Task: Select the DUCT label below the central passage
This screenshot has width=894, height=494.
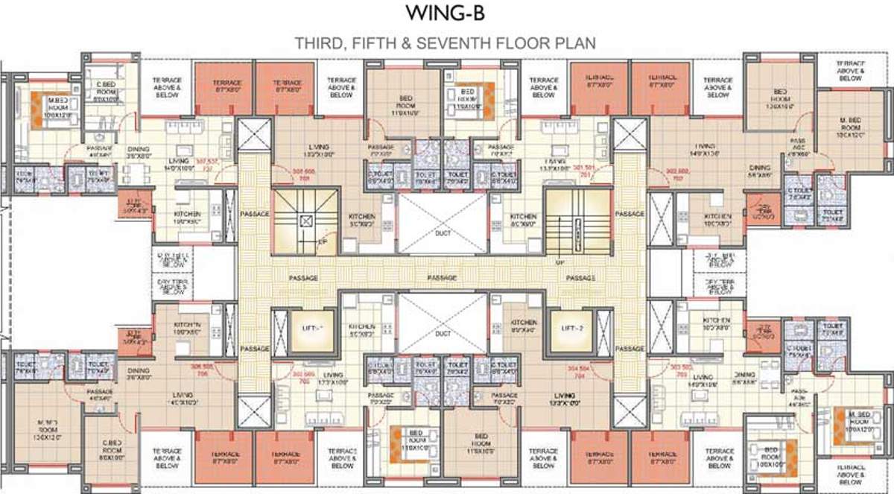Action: click(443, 333)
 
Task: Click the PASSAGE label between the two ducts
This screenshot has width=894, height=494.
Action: click(442, 278)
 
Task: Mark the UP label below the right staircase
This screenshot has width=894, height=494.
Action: click(558, 262)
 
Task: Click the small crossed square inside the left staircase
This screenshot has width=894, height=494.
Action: click(305, 221)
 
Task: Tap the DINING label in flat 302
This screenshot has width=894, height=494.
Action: click(760, 168)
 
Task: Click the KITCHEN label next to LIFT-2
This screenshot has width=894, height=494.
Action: click(524, 325)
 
